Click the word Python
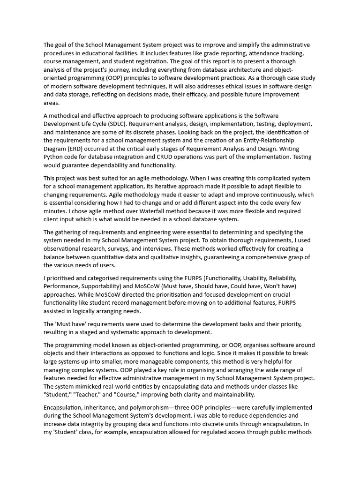pos(53,157)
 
